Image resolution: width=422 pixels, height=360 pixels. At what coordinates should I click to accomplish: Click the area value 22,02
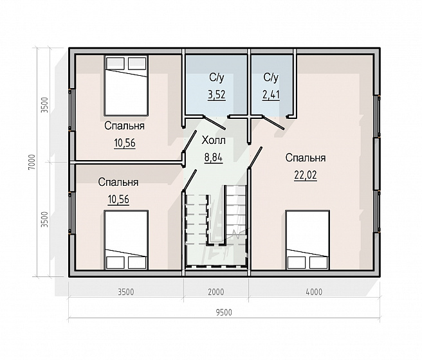(x=306, y=175)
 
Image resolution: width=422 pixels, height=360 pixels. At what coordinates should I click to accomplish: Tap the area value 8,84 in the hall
(x=214, y=157)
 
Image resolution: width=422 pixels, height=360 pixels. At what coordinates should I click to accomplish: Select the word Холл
(x=214, y=140)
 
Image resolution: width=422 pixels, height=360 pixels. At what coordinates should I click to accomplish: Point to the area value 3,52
(x=216, y=94)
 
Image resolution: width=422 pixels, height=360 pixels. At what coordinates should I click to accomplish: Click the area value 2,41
(x=271, y=94)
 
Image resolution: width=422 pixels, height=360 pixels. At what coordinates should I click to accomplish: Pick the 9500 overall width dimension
(x=224, y=312)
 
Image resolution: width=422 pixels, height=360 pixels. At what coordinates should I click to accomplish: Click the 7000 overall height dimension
(x=32, y=162)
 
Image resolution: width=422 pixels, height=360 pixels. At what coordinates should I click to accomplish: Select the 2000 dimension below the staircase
(x=216, y=292)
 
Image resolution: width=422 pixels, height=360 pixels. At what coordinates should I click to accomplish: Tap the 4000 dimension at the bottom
(x=314, y=292)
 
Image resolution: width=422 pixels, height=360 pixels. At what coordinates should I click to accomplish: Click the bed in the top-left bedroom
(x=126, y=85)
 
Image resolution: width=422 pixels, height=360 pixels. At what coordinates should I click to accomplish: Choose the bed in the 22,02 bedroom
(x=308, y=240)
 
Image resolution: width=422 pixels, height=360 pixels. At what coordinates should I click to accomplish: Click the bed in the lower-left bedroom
(x=126, y=240)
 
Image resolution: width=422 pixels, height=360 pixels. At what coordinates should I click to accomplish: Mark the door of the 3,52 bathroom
(x=215, y=122)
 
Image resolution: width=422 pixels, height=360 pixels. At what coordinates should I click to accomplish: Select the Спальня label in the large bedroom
(x=306, y=157)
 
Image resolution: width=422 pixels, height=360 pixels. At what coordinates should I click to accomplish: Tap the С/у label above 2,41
(x=271, y=77)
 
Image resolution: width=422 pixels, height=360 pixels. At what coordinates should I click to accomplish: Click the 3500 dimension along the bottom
(x=126, y=292)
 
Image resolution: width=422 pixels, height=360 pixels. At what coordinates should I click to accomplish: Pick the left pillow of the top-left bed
(x=115, y=64)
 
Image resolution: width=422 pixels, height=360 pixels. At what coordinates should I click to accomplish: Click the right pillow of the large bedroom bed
(x=318, y=262)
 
